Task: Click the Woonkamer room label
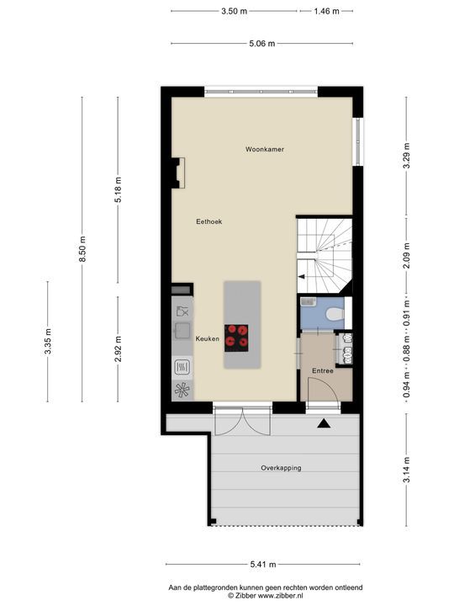click(265, 149)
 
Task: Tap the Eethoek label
click(209, 222)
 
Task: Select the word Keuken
click(208, 339)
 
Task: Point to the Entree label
click(323, 371)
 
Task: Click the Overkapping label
click(281, 468)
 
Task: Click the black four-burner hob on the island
click(236, 338)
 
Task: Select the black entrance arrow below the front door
click(324, 423)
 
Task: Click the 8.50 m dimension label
click(82, 249)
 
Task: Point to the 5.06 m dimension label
click(262, 44)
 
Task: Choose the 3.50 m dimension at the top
click(234, 11)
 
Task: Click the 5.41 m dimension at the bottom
click(263, 564)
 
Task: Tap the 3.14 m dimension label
click(407, 470)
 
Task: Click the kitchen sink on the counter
click(182, 330)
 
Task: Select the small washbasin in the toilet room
click(308, 301)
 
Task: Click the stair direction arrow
click(301, 277)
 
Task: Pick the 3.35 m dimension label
click(48, 341)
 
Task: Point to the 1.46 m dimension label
click(326, 11)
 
